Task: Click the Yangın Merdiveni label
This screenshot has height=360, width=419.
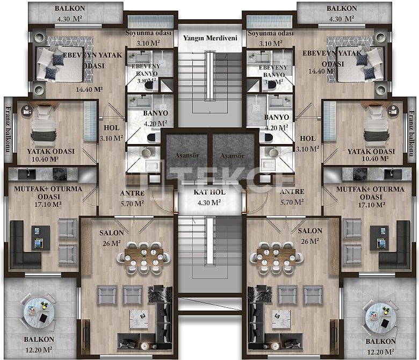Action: [210, 38]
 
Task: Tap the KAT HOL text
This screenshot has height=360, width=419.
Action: [210, 192]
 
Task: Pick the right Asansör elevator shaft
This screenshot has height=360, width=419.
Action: [233, 155]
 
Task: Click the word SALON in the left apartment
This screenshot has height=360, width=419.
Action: [112, 232]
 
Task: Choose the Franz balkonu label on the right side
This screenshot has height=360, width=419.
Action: [412, 132]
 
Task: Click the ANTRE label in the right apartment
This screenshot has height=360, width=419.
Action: [292, 192]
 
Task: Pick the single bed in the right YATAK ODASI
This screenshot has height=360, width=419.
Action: [377, 129]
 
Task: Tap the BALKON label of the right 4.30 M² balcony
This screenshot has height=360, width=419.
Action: [342, 9]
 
